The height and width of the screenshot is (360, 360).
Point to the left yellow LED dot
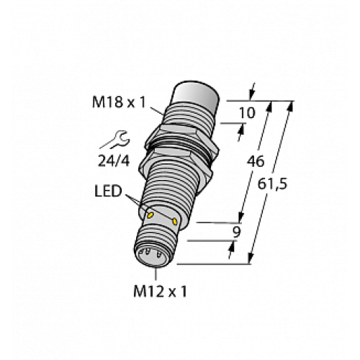tap(150, 215)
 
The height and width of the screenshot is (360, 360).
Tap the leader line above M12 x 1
tap(156, 274)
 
